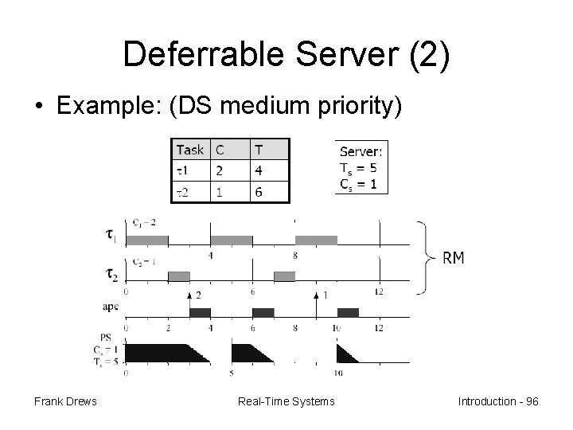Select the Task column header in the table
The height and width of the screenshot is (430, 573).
tap(190, 150)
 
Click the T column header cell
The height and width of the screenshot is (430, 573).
tap(259, 150)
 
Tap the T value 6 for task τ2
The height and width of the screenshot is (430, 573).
tap(259, 192)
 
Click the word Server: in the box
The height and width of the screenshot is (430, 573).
tap(361, 151)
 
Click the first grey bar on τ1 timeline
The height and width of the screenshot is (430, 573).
tap(147, 239)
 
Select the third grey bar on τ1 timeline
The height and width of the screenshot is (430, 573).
tap(316, 239)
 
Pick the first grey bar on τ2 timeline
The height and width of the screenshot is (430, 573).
tap(179, 276)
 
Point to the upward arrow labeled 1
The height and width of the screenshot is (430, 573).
tap(316, 302)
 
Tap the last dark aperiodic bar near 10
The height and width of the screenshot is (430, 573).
tap(348, 312)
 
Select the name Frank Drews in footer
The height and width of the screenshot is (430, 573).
tap(65, 401)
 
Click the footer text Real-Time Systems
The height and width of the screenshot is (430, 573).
tap(286, 401)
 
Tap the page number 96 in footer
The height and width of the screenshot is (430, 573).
tap(530, 401)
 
